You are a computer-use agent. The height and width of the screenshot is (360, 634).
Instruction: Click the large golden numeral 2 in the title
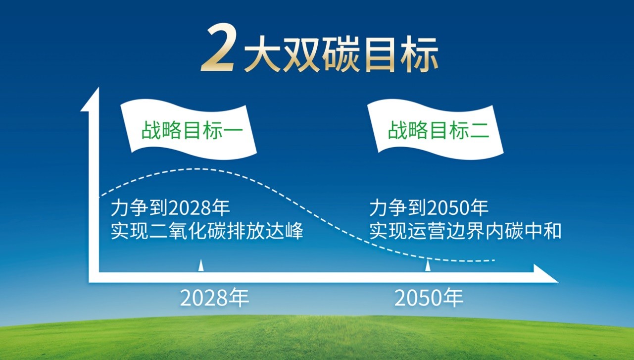[217, 50]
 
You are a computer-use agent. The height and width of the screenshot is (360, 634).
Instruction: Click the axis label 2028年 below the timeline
[214, 299]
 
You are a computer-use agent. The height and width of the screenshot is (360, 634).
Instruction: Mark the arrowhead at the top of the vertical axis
[91, 99]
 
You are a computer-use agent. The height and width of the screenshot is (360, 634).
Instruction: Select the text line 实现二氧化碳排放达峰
[206, 231]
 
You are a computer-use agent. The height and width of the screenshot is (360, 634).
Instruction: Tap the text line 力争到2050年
[429, 208]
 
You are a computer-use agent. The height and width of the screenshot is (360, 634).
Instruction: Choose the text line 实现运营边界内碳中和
[465, 231]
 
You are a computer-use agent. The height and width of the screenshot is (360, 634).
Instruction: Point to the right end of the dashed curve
[494, 260]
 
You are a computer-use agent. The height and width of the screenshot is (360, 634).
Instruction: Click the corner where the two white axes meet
[94, 277]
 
